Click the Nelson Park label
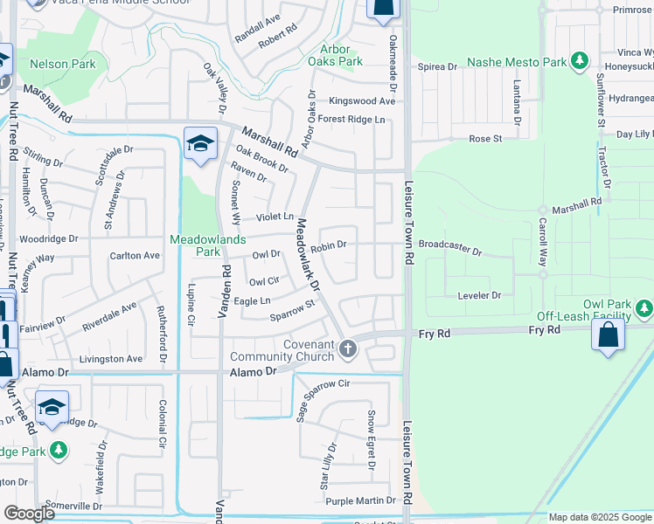coord(62,64)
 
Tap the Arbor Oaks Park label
coord(335,56)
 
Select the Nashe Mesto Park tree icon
coord(578,60)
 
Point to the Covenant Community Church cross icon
coord(348,350)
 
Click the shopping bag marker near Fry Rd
coord(608,335)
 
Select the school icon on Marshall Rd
coord(200,143)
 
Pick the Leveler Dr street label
coord(479,295)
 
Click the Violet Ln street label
coord(274,217)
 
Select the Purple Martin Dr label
coord(361,500)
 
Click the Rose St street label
coord(485,138)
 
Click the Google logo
coord(29,514)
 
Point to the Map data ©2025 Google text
coord(599,517)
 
